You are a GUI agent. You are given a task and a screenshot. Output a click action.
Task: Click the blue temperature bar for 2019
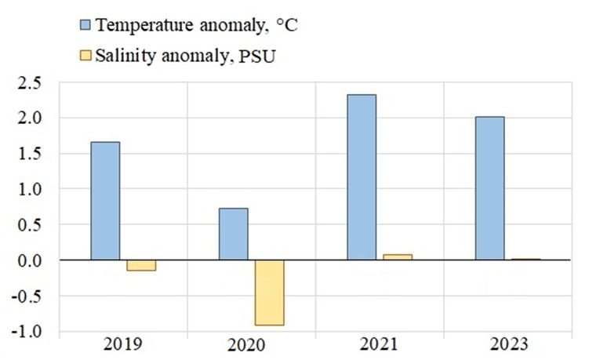coord(105,201)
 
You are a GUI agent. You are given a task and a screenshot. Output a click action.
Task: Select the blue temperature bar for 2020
coord(234,234)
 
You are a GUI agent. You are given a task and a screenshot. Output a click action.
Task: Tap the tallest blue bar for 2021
coord(362,177)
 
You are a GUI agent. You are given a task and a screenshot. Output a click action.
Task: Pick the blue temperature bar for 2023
coord(489,188)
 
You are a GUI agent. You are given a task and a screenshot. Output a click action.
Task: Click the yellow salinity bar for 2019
coord(141,265)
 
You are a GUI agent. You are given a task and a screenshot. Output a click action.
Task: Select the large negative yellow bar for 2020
coord(269,293)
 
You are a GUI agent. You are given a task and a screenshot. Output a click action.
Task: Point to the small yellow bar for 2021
coord(398,256)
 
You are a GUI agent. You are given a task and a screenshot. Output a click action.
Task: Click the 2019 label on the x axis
coord(123,344)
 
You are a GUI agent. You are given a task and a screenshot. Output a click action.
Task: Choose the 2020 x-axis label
coord(251,344)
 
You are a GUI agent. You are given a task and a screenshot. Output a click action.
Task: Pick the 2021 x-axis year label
coord(380,344)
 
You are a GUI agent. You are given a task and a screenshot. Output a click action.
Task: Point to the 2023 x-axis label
coord(507,344)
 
